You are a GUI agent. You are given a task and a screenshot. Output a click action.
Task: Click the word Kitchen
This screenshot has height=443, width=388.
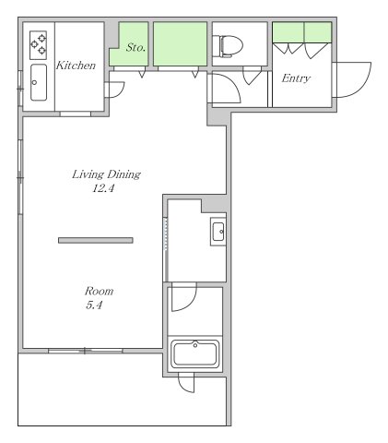point(76,66)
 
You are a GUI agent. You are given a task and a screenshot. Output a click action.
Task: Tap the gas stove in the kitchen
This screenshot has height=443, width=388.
point(38,45)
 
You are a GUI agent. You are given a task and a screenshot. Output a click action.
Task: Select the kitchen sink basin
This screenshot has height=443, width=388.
point(39,82)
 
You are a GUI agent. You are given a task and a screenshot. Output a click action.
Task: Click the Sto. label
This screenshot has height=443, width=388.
point(135,47)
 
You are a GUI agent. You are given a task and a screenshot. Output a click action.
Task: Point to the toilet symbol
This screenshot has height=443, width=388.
point(228,46)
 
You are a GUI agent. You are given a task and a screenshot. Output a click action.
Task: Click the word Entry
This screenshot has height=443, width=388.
point(296,78)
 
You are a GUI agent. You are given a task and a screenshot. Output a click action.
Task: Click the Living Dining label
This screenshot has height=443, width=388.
point(106,174)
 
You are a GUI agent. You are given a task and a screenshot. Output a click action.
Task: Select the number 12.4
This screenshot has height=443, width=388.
point(103,188)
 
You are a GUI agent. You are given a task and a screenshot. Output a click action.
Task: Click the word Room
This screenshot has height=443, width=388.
point(99,291)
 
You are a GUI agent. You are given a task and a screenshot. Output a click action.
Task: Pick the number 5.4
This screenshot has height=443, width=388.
point(94,305)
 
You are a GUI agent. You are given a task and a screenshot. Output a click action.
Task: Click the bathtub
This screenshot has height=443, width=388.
point(195,354)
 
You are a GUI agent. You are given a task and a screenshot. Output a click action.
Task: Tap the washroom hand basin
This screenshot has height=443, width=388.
point(218,232)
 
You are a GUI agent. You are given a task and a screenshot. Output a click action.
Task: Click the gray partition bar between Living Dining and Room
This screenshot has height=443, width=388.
point(96,240)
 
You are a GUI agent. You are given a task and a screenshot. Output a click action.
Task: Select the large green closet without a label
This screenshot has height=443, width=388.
point(180,43)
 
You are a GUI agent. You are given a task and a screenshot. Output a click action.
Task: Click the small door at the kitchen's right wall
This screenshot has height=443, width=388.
point(115,90)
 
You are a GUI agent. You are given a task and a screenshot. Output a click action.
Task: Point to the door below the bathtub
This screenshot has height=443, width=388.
point(186,383)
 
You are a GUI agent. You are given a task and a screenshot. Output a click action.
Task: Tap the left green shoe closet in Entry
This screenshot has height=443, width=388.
point(288,32)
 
